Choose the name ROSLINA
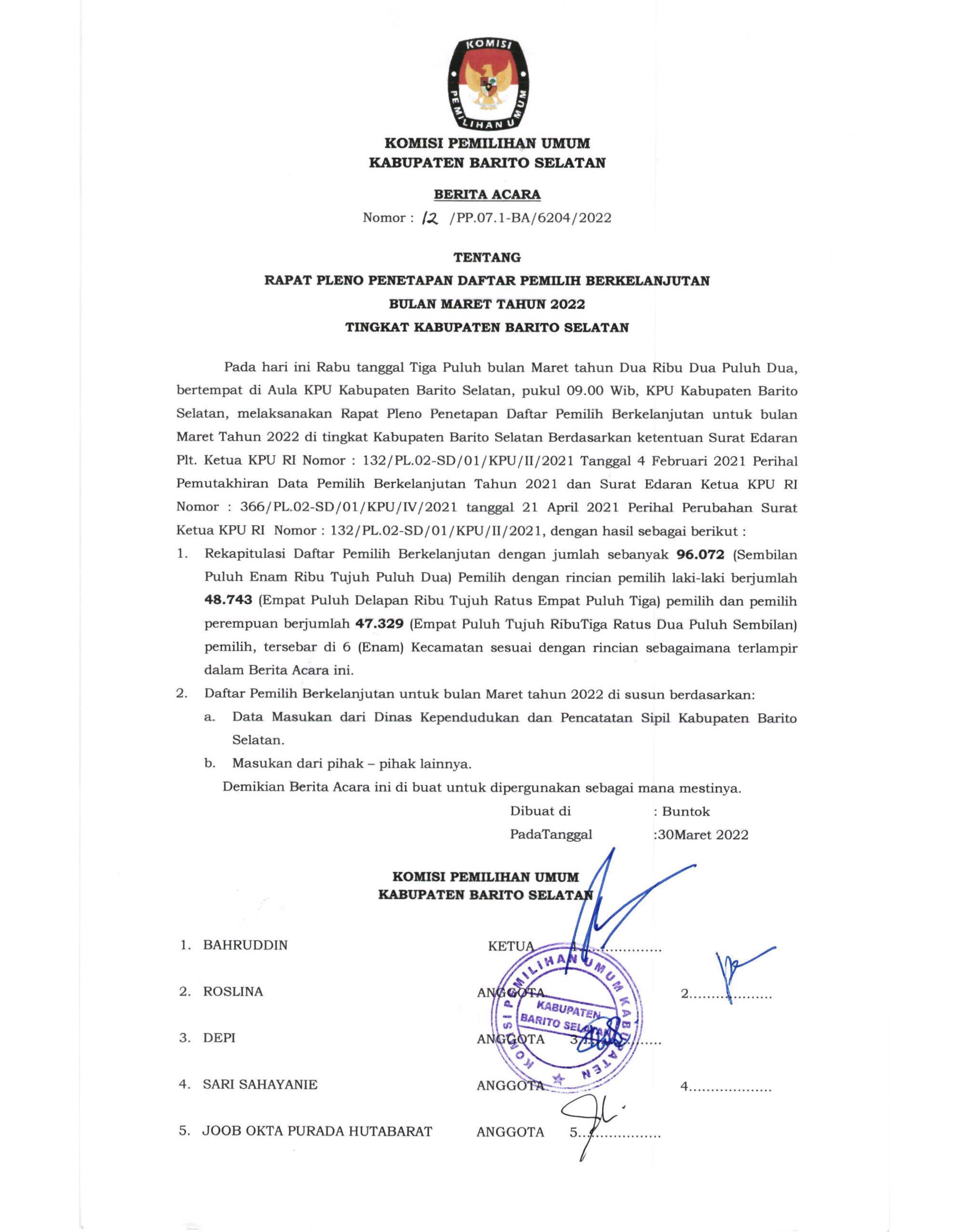pyautogui.click(x=233, y=992)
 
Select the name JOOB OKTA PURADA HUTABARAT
pyautogui.click(x=317, y=1131)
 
